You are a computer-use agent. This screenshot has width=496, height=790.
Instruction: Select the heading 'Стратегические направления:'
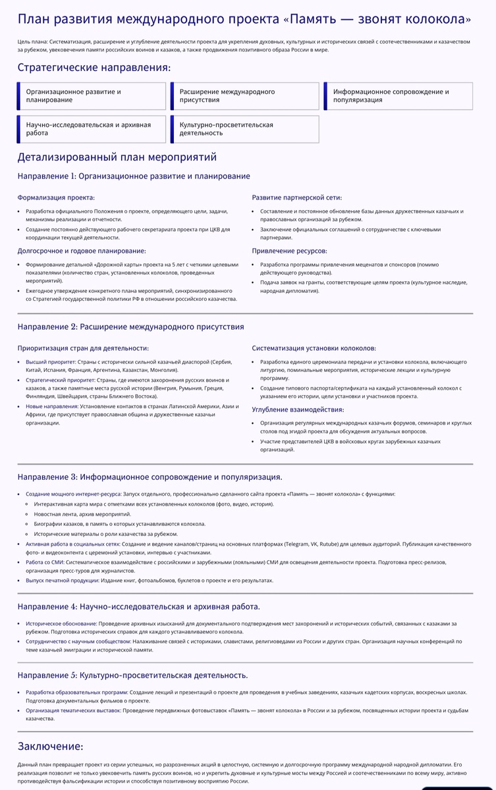(x=94, y=67)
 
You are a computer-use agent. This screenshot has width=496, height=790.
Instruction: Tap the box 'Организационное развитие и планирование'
(x=92, y=96)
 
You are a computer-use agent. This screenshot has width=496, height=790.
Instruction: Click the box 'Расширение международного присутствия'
(x=245, y=96)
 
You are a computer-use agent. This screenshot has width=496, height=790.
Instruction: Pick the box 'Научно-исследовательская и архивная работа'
(x=92, y=129)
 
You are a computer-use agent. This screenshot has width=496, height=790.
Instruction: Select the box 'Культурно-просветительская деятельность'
(x=245, y=129)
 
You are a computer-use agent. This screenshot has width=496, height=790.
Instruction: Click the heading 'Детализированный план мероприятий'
(x=117, y=157)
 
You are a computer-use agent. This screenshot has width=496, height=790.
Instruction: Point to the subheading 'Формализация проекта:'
(x=56, y=197)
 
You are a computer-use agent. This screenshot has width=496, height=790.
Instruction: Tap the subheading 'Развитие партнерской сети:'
(x=296, y=197)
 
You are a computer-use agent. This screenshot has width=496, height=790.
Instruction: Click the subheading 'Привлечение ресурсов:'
(x=289, y=251)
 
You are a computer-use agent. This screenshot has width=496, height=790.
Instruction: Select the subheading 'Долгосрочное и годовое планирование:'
(x=82, y=251)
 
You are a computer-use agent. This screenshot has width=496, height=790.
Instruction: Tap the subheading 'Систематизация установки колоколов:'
(x=314, y=348)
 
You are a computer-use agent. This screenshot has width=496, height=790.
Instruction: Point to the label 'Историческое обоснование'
(x=61, y=623)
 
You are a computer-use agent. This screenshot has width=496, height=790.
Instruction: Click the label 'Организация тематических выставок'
(x=72, y=710)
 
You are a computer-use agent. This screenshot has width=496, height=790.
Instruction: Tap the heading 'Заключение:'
(x=50, y=746)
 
